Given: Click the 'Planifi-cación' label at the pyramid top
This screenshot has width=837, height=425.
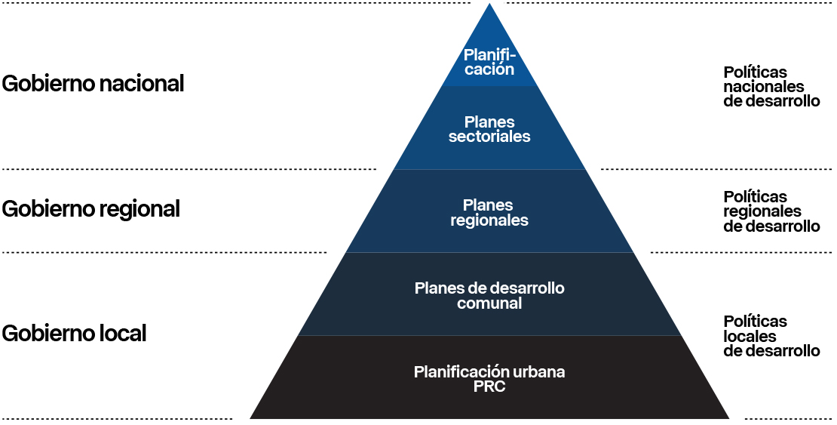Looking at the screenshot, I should [489, 62].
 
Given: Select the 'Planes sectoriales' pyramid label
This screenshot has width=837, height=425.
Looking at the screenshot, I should [489, 129].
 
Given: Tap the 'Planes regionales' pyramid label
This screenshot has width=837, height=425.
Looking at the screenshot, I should [489, 212].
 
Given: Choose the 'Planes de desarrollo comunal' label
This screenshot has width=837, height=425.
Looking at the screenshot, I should [489, 295].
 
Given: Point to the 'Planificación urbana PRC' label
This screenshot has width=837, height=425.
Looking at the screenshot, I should [489, 378].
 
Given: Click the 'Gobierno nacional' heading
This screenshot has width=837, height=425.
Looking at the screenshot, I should [93, 84].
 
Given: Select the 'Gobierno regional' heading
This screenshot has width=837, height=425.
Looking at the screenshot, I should [90, 208].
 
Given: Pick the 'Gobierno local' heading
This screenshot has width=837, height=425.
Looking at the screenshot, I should [74, 333].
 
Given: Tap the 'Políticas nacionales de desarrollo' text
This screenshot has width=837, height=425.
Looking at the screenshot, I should [771, 87].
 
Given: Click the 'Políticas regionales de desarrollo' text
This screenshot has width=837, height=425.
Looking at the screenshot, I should [771, 211].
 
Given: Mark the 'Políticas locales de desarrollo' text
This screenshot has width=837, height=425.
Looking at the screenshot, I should [771, 336].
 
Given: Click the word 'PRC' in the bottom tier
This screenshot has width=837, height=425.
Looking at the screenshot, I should [489, 387].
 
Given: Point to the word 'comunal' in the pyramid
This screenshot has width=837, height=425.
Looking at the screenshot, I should [489, 303].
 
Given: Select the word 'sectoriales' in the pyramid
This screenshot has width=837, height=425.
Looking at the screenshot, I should [489, 137].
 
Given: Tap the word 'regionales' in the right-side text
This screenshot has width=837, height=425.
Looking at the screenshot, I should [762, 211].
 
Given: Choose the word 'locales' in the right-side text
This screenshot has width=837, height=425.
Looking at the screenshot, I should [750, 336].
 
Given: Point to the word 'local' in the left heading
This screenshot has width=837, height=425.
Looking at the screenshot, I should [122, 333].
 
